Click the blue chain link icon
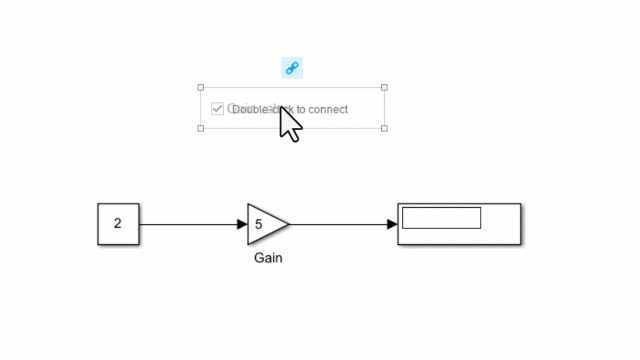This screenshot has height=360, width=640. [x=292, y=68]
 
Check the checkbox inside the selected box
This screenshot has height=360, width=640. [x=217, y=109]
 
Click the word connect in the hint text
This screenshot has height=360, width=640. [x=328, y=109]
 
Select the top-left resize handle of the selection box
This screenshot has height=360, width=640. [x=201, y=88]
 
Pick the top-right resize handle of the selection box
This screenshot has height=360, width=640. [x=384, y=88]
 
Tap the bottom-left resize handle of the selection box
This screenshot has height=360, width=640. [x=201, y=128]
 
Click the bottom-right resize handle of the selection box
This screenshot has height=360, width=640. [x=384, y=128]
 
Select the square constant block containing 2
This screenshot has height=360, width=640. [x=118, y=224]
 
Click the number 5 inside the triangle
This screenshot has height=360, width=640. [x=258, y=224]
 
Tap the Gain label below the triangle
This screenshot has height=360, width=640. [x=268, y=258]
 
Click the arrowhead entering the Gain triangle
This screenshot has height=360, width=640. [x=242, y=224]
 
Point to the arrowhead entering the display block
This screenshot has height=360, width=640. [x=392, y=224]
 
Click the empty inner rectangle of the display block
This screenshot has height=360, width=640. [x=441, y=218]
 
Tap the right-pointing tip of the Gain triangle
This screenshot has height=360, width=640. [x=288, y=224]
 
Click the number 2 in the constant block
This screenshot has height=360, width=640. [x=118, y=224]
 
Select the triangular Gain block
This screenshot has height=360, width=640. [x=266, y=224]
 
